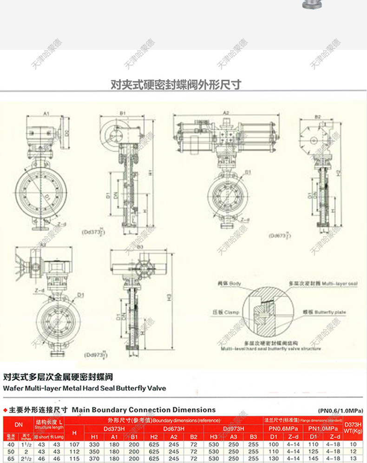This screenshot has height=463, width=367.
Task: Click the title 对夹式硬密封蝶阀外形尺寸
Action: pyautogui.click(x=176, y=85)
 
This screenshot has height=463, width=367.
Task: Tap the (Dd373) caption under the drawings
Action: pyautogui.click(x=93, y=231)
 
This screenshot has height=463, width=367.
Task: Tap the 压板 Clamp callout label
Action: pyautogui.click(x=226, y=312)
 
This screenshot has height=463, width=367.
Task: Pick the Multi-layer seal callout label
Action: pyautogui.click(x=323, y=283)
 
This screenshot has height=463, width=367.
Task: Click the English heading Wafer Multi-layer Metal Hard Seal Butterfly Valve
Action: pyautogui.click(x=84, y=388)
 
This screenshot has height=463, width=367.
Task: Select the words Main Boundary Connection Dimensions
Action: pyautogui.click(x=144, y=410)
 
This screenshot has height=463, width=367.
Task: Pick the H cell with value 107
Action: pyautogui.click(x=74, y=444)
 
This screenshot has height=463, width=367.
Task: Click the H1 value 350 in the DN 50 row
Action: pyautogui.click(x=94, y=451)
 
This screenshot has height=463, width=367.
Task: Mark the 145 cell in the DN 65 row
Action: pyautogui.click(x=314, y=458)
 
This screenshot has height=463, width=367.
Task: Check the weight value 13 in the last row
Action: pyautogui.click(x=354, y=458)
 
